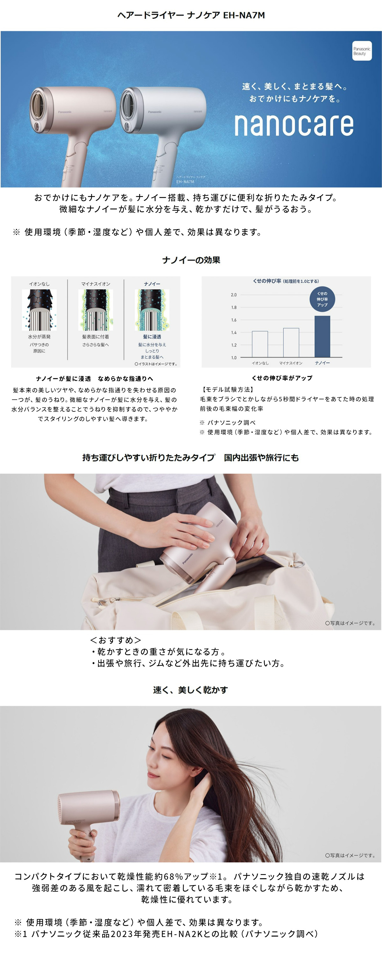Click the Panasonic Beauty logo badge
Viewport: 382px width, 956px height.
pos(362,51)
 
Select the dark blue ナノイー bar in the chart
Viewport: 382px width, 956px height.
pos(322,337)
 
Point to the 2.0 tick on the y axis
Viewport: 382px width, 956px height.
pos(234,295)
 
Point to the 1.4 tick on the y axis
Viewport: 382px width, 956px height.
pos(234,332)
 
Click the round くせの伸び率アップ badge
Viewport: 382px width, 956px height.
pos(322,299)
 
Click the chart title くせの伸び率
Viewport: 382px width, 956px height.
pos(267,281)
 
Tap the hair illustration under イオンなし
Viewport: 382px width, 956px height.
pos(39,310)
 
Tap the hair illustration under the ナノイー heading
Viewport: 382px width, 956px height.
pos(152,310)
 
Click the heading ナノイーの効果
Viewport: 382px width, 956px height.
pos(191,260)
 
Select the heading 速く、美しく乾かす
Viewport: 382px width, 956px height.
pos(190,690)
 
